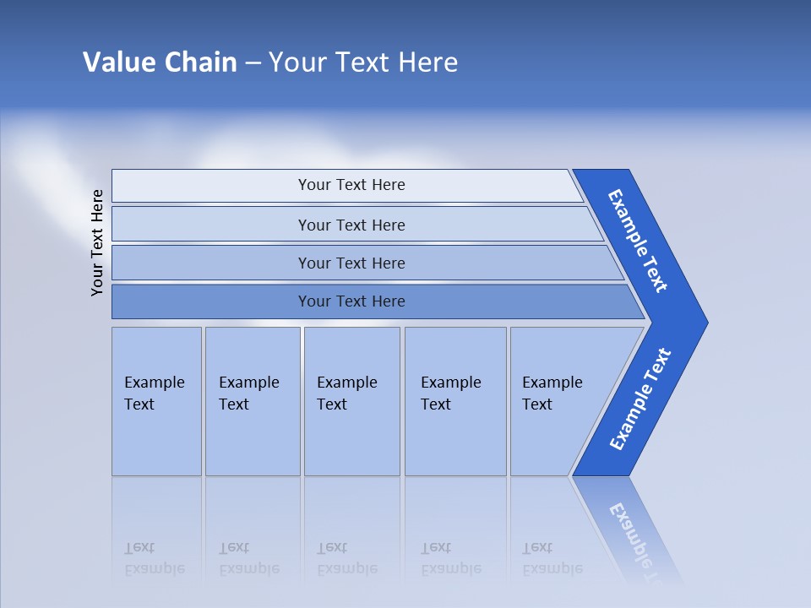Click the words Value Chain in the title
pyautogui.click(x=160, y=62)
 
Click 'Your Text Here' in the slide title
pyautogui.click(x=363, y=62)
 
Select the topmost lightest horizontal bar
pyautogui.click(x=351, y=185)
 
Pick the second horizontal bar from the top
pyautogui.click(x=351, y=225)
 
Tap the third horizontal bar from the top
pyautogui.click(x=351, y=263)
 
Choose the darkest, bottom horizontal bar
pyautogui.click(x=351, y=301)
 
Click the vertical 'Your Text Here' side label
pyautogui.click(x=98, y=242)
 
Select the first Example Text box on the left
pyautogui.click(x=156, y=400)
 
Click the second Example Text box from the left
pyautogui.click(x=252, y=400)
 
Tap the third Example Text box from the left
pyautogui.click(x=351, y=400)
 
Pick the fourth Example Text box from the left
pyautogui.click(x=454, y=400)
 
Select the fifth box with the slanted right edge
pyautogui.click(x=558, y=400)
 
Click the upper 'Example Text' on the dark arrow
pyautogui.click(x=638, y=241)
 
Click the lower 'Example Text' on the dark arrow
pyautogui.click(x=640, y=399)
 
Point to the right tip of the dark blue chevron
pyautogui.click(x=705, y=323)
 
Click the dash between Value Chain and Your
pyautogui.click(x=253, y=63)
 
